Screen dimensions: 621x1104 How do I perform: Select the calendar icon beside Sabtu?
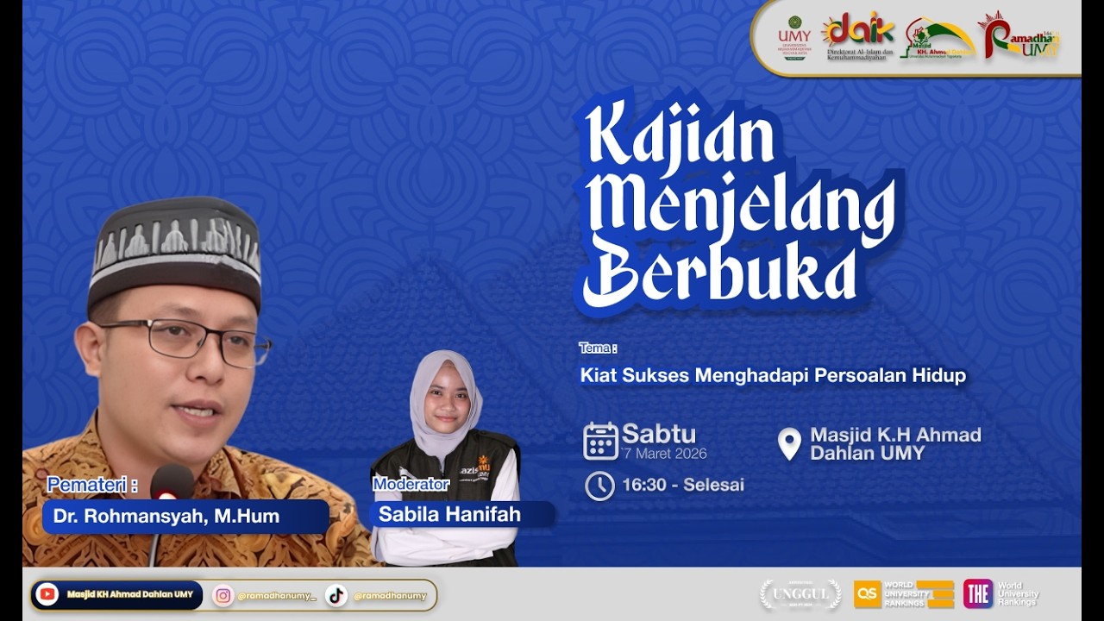coord(600,441)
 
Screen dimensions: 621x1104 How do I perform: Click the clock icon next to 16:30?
coord(599,486)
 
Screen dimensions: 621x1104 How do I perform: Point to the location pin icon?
coord(788,443)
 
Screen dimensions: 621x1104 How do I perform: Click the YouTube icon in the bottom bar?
coord(47,594)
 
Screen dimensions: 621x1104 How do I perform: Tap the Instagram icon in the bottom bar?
coord(223,595)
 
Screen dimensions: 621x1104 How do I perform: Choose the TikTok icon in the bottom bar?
coord(336,595)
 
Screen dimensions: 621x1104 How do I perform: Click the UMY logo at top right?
coord(793,38)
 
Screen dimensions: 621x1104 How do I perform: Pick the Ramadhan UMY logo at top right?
coord(1019,36)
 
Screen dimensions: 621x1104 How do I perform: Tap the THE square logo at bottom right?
coord(977,593)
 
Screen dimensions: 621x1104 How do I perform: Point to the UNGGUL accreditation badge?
coord(800,594)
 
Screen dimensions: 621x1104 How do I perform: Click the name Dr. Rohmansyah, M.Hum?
coord(166,516)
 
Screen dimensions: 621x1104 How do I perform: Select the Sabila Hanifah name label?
coord(449,515)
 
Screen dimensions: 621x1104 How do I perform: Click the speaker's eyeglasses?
coord(190,339)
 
